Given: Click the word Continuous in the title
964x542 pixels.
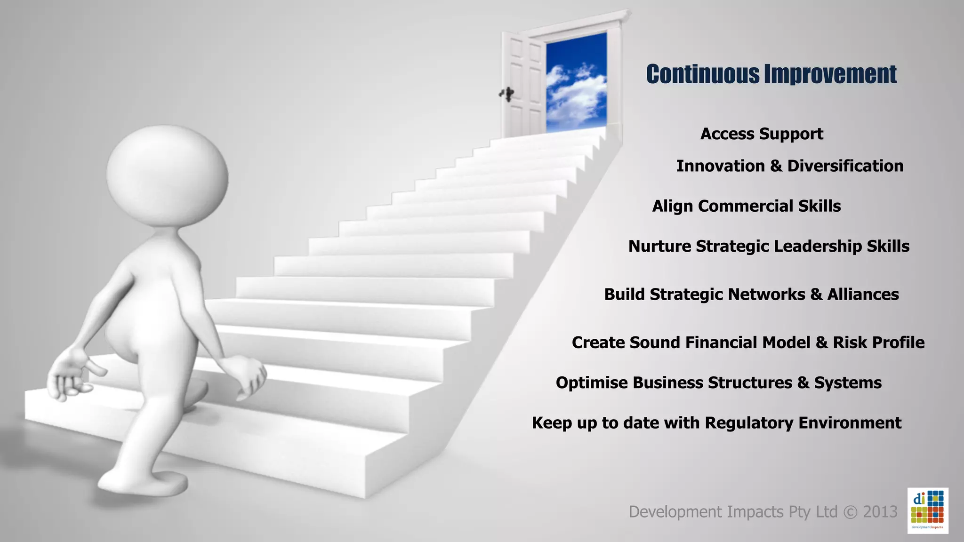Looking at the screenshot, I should (703, 74).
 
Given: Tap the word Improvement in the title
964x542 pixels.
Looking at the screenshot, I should (830, 74).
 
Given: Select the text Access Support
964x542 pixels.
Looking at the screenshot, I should (762, 134).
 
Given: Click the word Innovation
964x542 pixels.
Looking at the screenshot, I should (720, 166).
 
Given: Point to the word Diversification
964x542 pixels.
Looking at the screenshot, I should (845, 166).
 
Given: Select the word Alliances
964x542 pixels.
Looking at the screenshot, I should (863, 295).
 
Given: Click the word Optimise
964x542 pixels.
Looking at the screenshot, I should (592, 383).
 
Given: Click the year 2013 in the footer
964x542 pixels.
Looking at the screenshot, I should (880, 512).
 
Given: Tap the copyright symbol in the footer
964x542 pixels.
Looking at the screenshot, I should (850, 512).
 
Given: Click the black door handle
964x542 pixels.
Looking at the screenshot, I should (507, 94).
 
